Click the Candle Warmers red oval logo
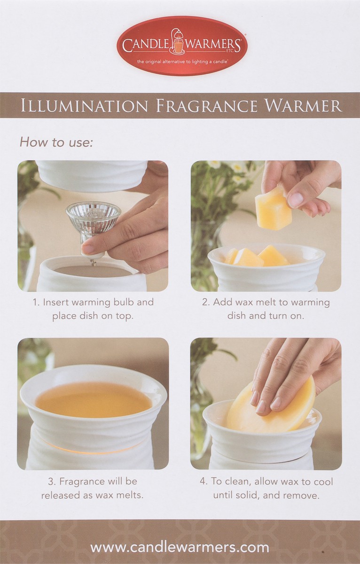point(182,46)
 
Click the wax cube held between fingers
point(273,209)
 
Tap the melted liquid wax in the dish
point(93,399)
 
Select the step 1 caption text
point(93,309)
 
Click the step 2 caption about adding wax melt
point(266,309)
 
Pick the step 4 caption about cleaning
point(266,488)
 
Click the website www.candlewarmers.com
point(180,548)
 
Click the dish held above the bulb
point(92,175)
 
